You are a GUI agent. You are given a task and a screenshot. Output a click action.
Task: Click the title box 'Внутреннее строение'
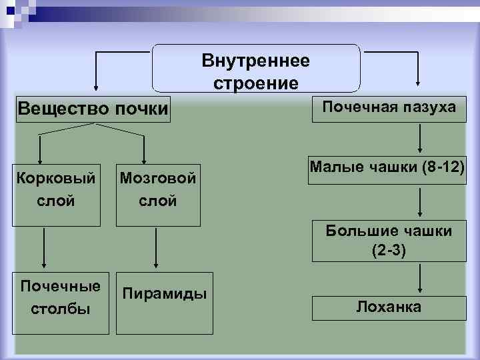[256, 69]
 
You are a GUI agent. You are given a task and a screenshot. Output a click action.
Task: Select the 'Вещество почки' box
[93, 108]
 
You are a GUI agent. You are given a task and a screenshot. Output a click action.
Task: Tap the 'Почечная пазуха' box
[389, 107]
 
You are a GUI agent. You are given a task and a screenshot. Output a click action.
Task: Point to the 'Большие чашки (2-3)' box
[389, 240]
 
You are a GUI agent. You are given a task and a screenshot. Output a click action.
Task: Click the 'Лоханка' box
[389, 307]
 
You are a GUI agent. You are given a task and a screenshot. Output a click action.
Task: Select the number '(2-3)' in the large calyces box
[389, 251]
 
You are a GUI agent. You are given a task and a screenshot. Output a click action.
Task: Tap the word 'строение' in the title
[256, 83]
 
